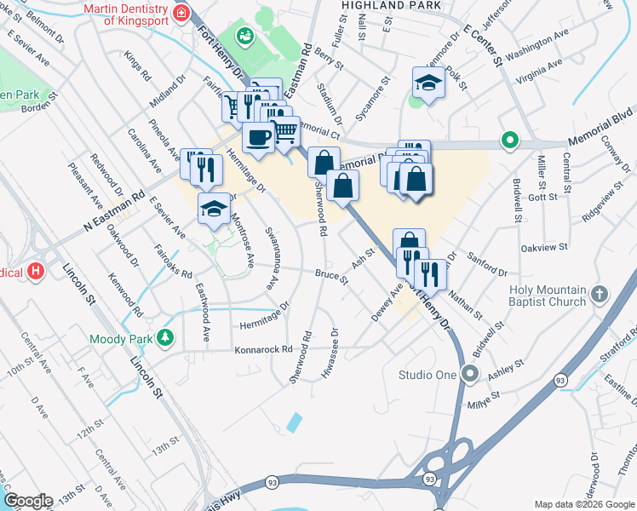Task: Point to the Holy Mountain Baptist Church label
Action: click(547, 296)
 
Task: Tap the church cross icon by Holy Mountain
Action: click(600, 295)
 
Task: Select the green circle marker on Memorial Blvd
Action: click(510, 140)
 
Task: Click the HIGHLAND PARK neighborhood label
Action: click(391, 5)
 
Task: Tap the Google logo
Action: click(28, 500)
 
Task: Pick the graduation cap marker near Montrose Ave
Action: click(214, 208)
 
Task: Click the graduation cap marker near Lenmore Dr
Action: click(428, 82)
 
